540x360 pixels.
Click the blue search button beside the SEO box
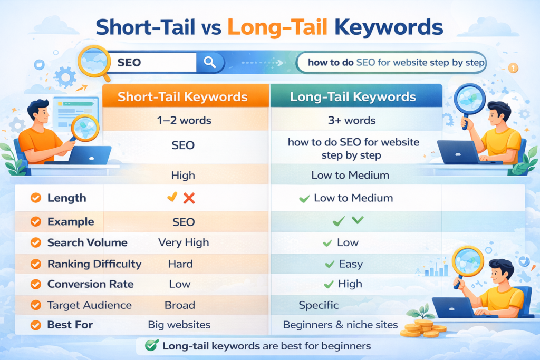click(x=209, y=63)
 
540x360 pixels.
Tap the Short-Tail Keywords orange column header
click(x=182, y=97)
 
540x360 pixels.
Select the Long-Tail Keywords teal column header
click(x=354, y=97)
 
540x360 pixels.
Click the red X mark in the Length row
click(x=189, y=198)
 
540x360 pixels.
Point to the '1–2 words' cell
click(x=184, y=120)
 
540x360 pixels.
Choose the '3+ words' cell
click(x=352, y=120)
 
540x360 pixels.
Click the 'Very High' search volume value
click(x=184, y=242)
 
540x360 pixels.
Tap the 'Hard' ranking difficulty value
click(x=180, y=264)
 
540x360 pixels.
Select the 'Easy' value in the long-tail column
click(x=350, y=264)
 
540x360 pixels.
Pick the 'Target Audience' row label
click(x=90, y=305)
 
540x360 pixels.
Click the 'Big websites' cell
click(x=179, y=325)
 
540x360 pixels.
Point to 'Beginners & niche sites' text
click(x=340, y=325)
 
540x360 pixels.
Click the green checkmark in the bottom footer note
click(x=152, y=346)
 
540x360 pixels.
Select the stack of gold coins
click(x=422, y=328)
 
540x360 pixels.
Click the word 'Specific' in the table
click(x=319, y=305)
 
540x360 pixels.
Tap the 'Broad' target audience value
click(x=180, y=305)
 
